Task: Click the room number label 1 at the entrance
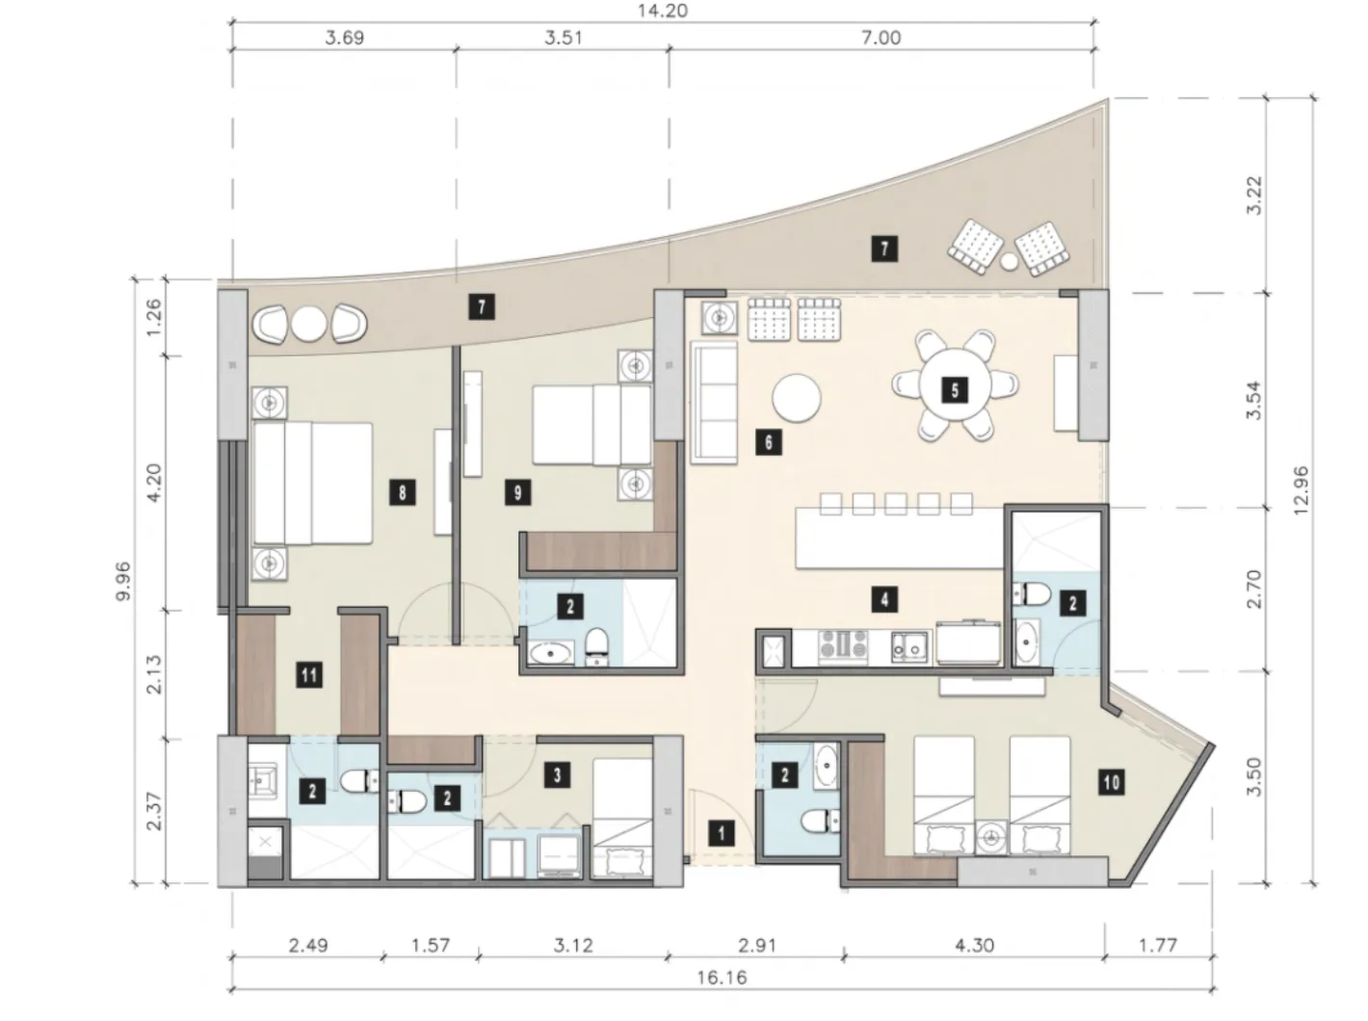point(721,833)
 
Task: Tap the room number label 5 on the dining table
point(955,391)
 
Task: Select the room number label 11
point(309,674)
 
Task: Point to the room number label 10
point(1112,782)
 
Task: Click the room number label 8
point(402,493)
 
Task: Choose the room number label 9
point(517,493)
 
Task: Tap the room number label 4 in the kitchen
point(884,600)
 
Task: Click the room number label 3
point(557,775)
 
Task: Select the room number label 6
point(769,442)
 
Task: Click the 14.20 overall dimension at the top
point(662,12)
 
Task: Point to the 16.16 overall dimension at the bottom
point(721,978)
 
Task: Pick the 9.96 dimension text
point(123,581)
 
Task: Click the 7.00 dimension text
point(881,38)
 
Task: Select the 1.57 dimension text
point(430,945)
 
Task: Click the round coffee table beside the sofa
point(796,398)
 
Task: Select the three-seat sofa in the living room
point(714,403)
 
